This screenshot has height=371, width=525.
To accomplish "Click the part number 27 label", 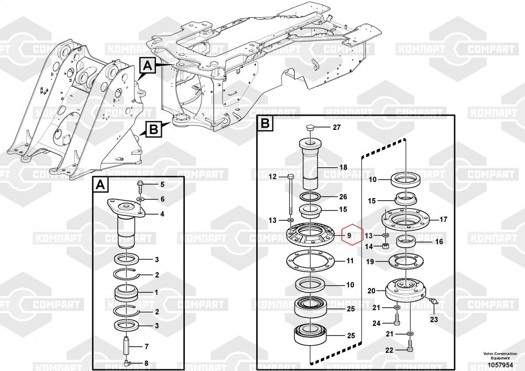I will (x=337, y=128).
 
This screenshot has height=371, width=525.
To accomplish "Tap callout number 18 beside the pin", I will (x=343, y=167).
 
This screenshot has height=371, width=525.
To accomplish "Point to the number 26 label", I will (x=343, y=197).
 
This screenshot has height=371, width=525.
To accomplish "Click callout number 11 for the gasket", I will (x=350, y=261).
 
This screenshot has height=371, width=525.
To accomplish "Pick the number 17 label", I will (x=443, y=219).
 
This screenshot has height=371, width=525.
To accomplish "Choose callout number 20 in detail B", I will (x=371, y=291).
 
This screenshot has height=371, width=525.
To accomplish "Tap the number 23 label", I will (x=434, y=319).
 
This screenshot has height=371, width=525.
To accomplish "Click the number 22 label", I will (x=388, y=351).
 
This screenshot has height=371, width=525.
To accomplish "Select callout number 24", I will (x=376, y=323).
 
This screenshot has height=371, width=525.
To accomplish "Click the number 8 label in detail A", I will (x=146, y=363).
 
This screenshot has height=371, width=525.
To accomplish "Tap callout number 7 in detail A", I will (x=146, y=346).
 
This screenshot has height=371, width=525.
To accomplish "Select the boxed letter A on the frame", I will (x=148, y=66).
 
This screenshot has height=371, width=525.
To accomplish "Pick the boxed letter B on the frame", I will (x=152, y=129).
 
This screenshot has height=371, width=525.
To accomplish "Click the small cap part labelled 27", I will (x=310, y=128).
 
